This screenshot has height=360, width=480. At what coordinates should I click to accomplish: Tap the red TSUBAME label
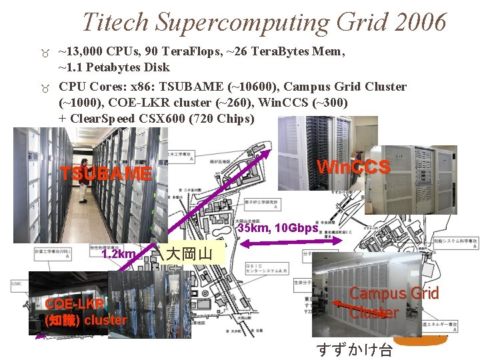pos(106,173)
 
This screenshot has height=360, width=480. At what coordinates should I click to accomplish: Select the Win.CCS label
pos(353,167)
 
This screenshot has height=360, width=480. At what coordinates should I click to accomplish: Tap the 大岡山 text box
pos(189,254)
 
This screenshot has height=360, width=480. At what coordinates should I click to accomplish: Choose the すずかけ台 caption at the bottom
pos(354,350)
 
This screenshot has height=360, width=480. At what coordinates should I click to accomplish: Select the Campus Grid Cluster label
pos(393,303)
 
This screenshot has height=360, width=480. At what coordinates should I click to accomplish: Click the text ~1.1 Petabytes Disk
pos(114,67)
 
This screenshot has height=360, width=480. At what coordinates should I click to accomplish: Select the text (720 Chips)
pos(223,119)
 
